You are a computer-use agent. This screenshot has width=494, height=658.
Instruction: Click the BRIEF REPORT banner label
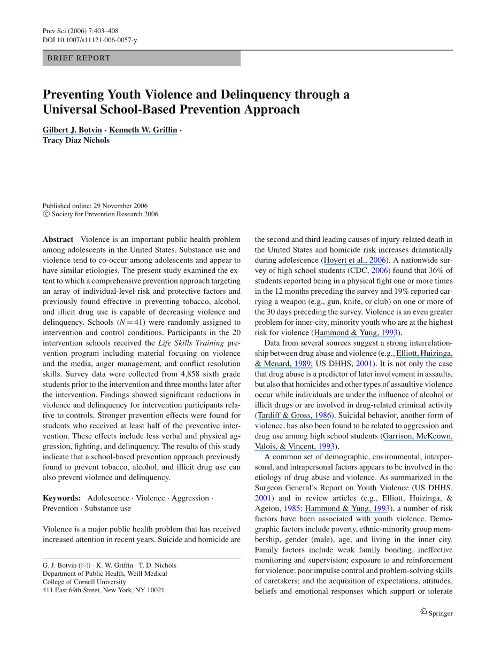point(79,58)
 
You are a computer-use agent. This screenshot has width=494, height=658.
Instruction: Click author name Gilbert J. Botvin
point(72,130)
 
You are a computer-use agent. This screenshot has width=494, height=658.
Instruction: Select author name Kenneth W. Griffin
point(143,130)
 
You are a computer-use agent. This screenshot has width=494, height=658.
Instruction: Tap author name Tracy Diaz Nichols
point(76,140)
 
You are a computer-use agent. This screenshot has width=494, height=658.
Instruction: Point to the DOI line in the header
point(90,40)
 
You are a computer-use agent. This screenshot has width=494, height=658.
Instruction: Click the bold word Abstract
point(58,240)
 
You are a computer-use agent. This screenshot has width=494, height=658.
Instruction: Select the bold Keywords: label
point(61,498)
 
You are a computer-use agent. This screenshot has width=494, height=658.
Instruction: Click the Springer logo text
point(440,614)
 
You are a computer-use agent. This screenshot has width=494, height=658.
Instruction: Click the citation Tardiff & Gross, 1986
point(293,416)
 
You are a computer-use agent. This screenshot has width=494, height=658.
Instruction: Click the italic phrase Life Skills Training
point(191,343)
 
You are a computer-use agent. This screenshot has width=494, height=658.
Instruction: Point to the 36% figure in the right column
point(424,271)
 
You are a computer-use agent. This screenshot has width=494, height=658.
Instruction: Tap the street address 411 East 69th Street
point(72,590)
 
